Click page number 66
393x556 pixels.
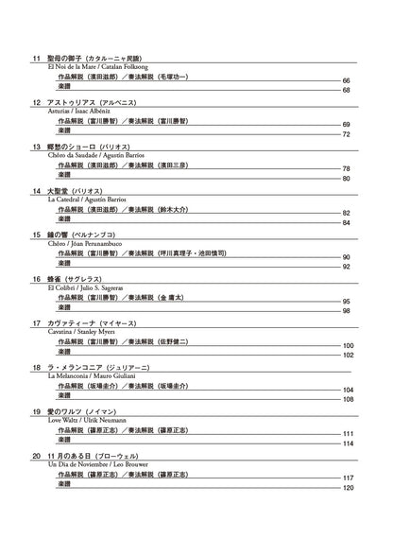pos(347,81)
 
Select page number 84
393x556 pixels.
pos(347,222)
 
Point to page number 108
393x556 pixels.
pos(348,400)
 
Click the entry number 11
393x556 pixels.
pos(37,59)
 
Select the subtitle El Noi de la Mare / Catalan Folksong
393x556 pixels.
pos(98,67)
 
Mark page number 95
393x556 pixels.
pos(347,302)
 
